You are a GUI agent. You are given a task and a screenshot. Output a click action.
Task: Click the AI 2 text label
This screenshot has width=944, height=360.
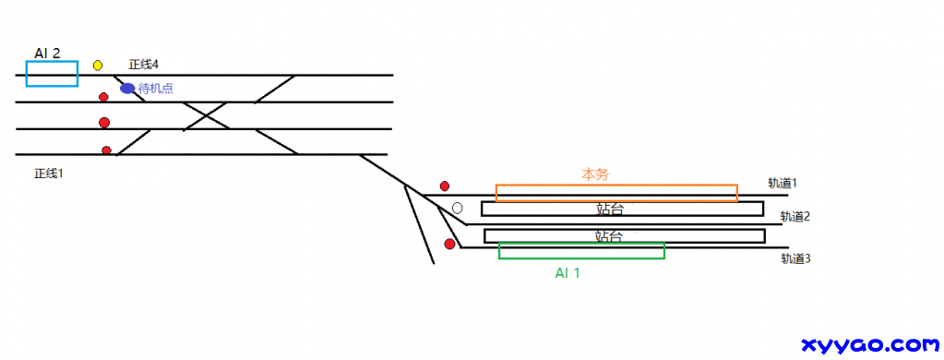coord(48,53)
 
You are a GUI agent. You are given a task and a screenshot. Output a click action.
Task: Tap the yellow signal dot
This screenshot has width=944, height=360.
coord(98,65)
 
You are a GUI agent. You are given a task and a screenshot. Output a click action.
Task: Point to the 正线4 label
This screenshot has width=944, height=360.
coord(143,64)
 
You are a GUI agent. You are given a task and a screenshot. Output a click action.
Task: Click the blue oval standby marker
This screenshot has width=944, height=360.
coord(127,89)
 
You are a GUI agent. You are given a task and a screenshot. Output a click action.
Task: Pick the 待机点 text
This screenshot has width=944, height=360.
coord(156,89)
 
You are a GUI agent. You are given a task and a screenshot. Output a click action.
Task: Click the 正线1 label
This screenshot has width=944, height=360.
coord(49,174)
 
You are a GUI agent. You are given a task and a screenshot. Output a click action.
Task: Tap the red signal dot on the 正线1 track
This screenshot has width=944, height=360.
coord(106,150)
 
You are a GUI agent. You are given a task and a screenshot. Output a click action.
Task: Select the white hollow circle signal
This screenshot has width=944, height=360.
coord(457,208)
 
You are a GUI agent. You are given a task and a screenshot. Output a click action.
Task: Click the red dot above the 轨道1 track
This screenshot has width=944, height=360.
coord(444,186)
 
